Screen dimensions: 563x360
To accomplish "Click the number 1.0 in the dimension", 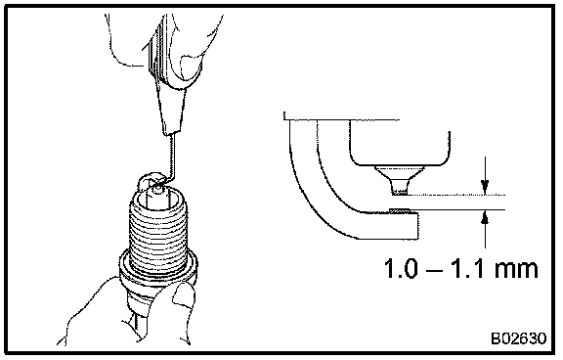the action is pyautogui.click(x=402, y=268).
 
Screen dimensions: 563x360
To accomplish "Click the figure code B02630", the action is pyautogui.click(x=519, y=338).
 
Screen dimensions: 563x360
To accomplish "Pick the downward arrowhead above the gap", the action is pyautogui.click(x=485, y=187).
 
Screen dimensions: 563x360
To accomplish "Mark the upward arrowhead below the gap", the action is pyautogui.click(x=485, y=218).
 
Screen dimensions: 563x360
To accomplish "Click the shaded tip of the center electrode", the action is pyautogui.click(x=400, y=194).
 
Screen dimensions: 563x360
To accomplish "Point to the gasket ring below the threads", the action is pyautogui.click(x=158, y=267).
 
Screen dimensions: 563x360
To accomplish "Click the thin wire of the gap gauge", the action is pyautogui.click(x=173, y=158).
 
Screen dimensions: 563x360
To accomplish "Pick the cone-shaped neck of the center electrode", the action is pyautogui.click(x=400, y=179).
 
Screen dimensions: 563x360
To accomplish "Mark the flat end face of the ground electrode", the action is pyautogui.click(x=418, y=226).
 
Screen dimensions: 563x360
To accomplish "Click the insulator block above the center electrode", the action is pyautogui.click(x=400, y=143).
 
